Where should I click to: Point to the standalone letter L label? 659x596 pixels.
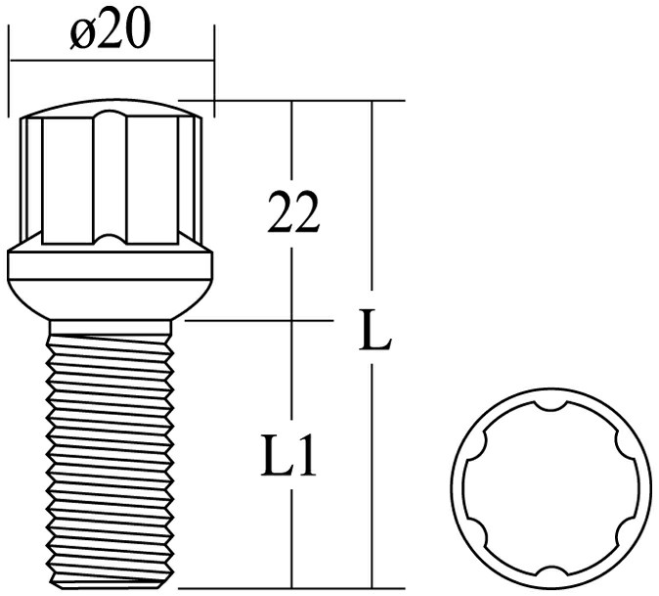click(x=373, y=333)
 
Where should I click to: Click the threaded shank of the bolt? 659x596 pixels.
click(x=110, y=450)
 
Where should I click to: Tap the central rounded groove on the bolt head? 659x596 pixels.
click(x=110, y=176)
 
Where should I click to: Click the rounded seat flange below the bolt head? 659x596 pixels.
click(x=110, y=279)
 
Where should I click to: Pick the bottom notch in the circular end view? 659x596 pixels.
click(x=551, y=571)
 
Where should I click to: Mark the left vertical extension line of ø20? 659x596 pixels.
click(x=9, y=69)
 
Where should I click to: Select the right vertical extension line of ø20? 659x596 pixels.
click(x=213, y=69)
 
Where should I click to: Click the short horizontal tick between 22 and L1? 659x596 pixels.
click(x=292, y=319)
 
